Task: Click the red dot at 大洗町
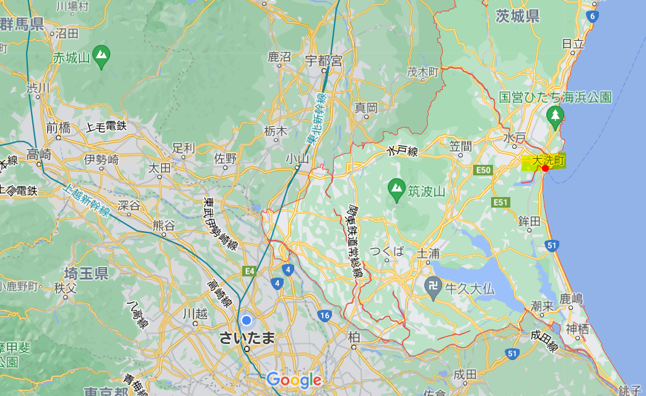[536, 168]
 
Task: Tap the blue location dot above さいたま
[247, 320]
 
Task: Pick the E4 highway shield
[250, 271]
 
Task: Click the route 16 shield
[325, 315]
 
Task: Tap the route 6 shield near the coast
[593, 17]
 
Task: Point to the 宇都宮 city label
[323, 61]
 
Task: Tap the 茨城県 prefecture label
[518, 17]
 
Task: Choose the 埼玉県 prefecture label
[87, 273]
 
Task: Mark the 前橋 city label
[58, 128]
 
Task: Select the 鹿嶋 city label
[571, 299]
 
